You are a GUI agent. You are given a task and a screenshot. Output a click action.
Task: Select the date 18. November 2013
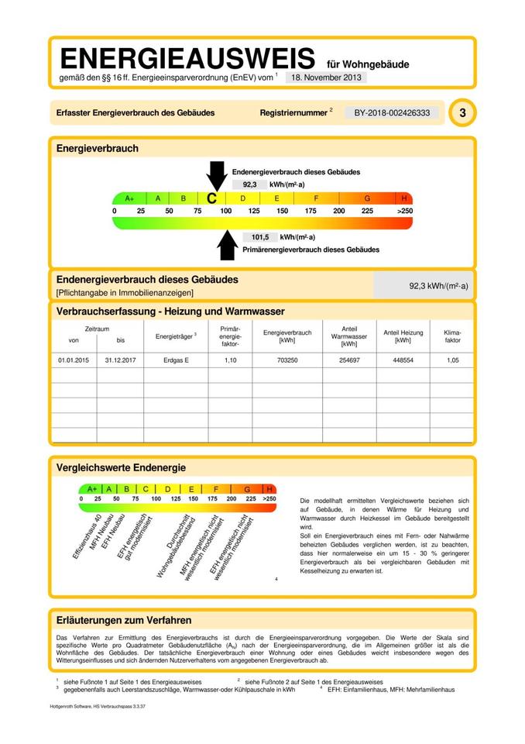pyautogui.click(x=325, y=77)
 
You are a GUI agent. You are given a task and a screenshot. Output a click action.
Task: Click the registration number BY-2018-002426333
pyautogui.click(x=391, y=113)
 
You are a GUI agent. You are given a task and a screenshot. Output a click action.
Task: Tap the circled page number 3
pyautogui.click(x=462, y=113)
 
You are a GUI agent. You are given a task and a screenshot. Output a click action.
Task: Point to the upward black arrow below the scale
pyautogui.click(x=227, y=245)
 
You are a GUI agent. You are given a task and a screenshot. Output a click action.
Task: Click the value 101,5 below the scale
pyautogui.click(x=259, y=237)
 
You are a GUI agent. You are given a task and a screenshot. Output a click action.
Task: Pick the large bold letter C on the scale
pyautogui.click(x=211, y=198)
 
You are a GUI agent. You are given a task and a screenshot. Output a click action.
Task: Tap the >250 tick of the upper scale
pyautogui.click(x=404, y=211)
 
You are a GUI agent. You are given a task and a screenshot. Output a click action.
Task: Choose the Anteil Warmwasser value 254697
pyautogui.click(x=343, y=360)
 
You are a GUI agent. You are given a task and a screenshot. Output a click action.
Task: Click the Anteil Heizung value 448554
pyautogui.click(x=403, y=360)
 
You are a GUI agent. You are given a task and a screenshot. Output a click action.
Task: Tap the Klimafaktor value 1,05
pyautogui.click(x=452, y=360)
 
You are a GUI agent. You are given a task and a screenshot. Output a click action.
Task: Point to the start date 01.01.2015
pyautogui.click(x=74, y=360)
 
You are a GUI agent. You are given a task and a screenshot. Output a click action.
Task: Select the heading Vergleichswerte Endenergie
pyautogui.click(x=121, y=467)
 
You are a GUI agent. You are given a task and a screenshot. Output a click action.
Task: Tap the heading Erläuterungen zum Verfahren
pyautogui.click(x=124, y=620)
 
